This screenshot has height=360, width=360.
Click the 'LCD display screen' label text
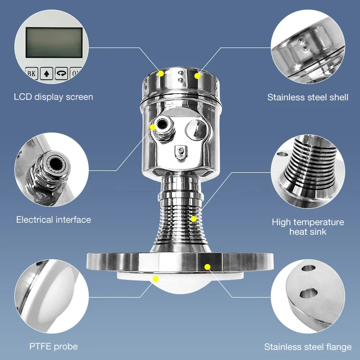[53, 97]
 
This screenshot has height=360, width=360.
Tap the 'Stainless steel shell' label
[308, 97]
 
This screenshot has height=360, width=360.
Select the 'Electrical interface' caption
[53, 220]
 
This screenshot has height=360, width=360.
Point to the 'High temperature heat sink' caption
[308, 227]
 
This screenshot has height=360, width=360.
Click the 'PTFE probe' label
[53, 346]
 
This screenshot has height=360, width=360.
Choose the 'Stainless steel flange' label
[308, 347]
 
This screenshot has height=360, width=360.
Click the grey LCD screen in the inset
[53, 43]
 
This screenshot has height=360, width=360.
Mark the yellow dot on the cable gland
[153, 127]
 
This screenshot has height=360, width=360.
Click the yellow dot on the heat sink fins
[193, 219]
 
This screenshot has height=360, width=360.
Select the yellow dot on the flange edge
[207, 266]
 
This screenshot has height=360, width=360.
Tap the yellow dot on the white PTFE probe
[155, 279]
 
